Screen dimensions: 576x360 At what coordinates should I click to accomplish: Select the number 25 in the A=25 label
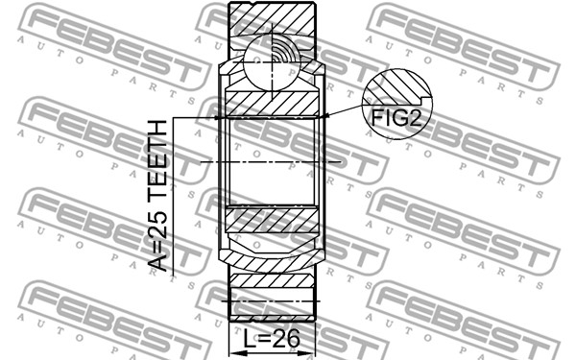coord(158,225)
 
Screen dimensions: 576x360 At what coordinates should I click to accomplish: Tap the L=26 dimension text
coord(273,338)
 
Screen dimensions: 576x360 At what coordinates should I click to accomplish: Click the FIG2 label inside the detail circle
coord(396,117)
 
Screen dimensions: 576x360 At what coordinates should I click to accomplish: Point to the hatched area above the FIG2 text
coord(396,88)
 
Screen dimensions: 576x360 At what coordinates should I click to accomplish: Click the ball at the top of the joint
coord(273,62)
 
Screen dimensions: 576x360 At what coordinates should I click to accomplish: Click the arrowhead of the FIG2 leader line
coord(324,116)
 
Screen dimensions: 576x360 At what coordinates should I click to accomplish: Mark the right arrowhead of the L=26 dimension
coord(309,353)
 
